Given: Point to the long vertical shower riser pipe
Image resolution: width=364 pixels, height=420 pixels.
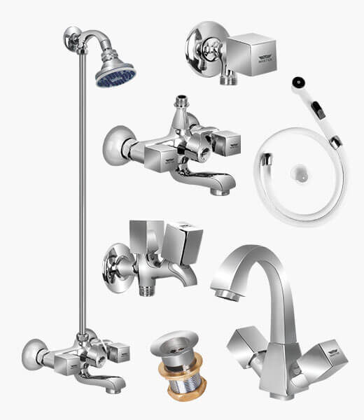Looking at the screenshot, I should point(83,210).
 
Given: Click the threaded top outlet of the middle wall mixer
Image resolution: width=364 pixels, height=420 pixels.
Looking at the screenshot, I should point(183,101).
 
